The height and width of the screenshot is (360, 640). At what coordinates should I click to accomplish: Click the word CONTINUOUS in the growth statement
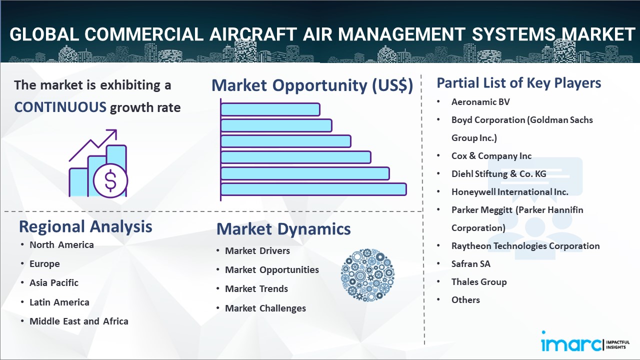[60, 107]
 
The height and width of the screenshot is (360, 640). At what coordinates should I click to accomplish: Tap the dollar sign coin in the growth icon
[110, 181]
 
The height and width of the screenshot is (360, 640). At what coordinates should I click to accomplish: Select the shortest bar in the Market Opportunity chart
[270, 109]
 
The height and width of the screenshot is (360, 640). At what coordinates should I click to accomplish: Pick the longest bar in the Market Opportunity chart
[313, 189]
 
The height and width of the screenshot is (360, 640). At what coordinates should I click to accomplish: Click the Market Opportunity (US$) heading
[312, 85]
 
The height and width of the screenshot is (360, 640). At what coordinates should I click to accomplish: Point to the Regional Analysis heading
[85, 226]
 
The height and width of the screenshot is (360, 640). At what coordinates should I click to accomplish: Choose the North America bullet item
[61, 245]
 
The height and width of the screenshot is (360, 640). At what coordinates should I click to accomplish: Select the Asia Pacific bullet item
[54, 283]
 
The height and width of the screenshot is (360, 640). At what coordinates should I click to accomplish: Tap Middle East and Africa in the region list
[79, 321]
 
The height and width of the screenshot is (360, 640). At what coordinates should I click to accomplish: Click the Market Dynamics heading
[283, 229]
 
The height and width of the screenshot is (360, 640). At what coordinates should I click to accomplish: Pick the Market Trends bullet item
[256, 289]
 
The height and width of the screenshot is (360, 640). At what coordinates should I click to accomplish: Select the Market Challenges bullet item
[265, 308]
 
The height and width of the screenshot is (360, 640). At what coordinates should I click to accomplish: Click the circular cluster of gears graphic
[367, 275]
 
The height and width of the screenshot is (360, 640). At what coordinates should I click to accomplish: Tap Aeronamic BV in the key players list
[480, 102]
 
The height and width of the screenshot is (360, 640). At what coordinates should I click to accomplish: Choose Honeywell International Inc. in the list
[509, 192]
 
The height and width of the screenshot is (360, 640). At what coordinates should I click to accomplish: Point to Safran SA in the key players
[471, 263]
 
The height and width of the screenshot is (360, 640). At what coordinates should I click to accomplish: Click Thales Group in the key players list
[479, 282]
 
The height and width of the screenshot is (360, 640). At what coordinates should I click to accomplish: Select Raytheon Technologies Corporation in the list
[525, 246]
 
